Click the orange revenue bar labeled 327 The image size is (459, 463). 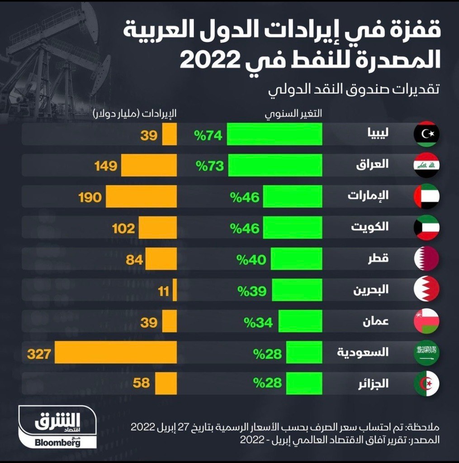click(116, 352)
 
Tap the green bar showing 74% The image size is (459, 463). click(274, 134)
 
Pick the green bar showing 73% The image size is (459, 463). click(275, 165)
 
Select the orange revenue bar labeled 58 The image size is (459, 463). click(166, 383)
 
